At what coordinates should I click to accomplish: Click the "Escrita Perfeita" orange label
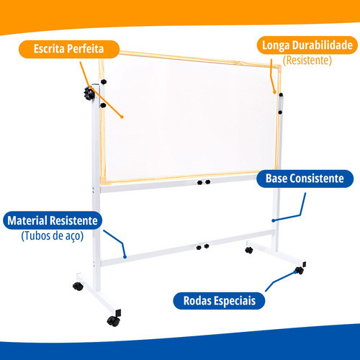coord(69,49)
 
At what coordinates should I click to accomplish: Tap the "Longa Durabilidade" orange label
coord(307,45)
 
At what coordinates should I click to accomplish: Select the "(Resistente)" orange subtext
coord(307,60)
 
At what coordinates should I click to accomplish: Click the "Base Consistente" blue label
coord(305,179)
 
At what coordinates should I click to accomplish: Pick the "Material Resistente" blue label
coord(53,220)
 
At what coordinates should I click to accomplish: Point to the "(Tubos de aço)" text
coord(53,235)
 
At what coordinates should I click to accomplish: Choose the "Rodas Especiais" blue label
coord(219,301)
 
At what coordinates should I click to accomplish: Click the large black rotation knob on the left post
coord(89,94)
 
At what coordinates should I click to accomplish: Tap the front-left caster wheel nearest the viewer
coord(114,320)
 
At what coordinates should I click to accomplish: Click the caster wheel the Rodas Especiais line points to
coord(300,270)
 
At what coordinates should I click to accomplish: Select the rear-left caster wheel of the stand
coord(78,286)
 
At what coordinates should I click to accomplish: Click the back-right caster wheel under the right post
coord(249,251)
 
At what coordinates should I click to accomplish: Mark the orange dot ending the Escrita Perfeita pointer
coord(122,117)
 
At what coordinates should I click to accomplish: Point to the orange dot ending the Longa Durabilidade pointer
coord(274,92)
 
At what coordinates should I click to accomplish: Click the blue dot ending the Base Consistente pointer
coord(273,220)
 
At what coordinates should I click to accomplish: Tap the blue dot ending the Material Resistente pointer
coord(125,257)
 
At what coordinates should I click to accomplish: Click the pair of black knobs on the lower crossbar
coord(203,246)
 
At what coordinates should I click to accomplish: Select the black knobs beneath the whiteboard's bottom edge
coord(204,182)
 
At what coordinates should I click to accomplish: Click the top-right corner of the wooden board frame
coord(279,66)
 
